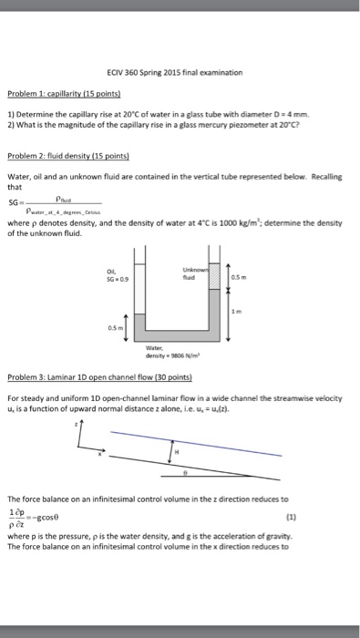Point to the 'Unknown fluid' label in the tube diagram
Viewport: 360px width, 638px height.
194,272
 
